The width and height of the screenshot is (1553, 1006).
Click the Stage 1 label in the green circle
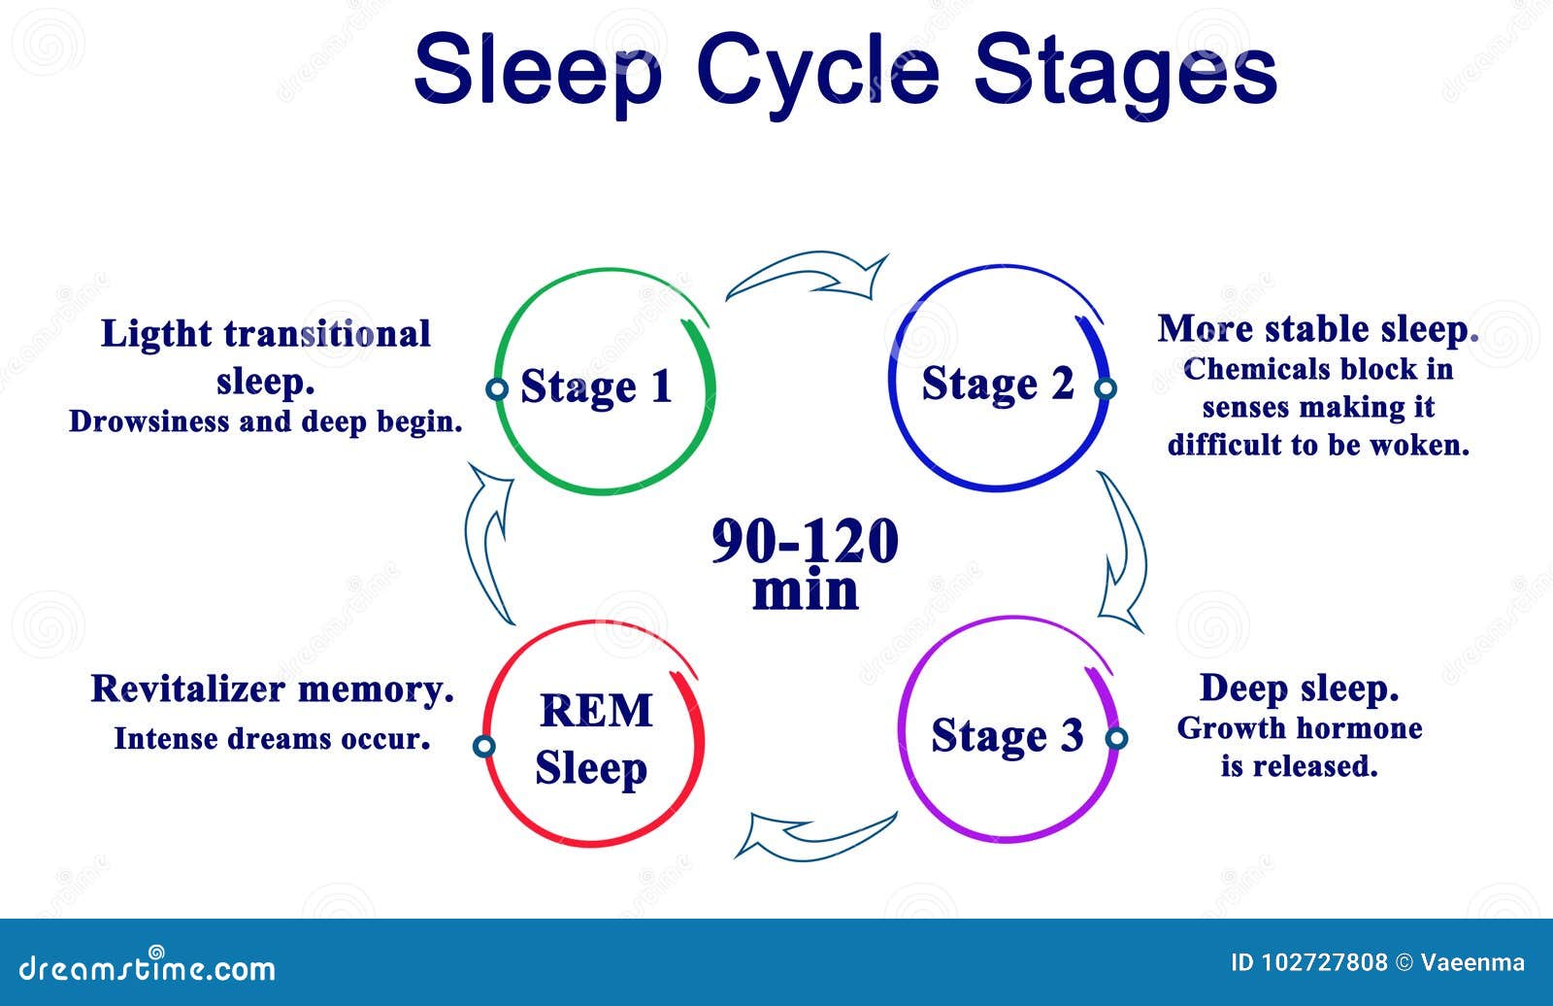click(x=596, y=386)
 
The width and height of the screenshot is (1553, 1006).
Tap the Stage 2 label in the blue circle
click(x=997, y=384)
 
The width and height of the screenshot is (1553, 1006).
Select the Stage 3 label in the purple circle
click(x=1007, y=735)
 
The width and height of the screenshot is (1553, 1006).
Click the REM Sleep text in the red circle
click(x=593, y=739)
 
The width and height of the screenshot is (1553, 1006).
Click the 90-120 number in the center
click(x=805, y=541)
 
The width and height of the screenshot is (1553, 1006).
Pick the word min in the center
click(x=805, y=590)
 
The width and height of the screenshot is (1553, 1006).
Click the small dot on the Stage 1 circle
click(x=497, y=389)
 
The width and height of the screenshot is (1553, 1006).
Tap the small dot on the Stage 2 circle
click(x=1105, y=388)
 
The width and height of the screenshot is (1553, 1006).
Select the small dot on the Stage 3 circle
click(x=1116, y=738)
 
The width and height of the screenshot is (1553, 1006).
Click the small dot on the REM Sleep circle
click(x=483, y=746)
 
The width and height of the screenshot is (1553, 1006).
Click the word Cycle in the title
click(x=817, y=68)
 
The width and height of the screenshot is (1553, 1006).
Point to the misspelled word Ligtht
click(x=156, y=334)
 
